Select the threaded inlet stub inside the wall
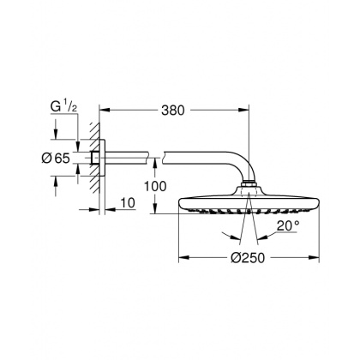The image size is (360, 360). (89, 159)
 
